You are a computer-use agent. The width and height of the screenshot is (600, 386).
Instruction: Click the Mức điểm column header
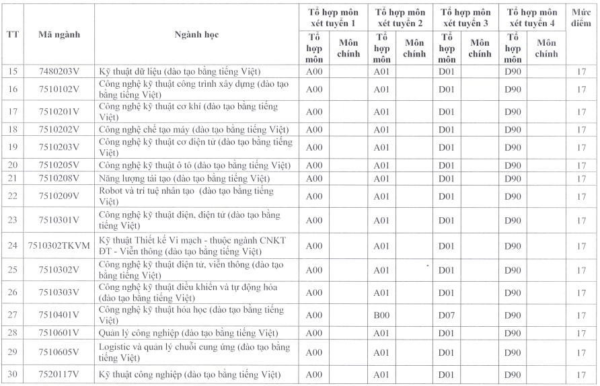coord(580,18)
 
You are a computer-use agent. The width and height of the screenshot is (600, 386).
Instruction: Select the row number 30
coord(12,375)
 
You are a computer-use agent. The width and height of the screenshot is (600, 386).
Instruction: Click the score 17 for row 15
coord(581,71)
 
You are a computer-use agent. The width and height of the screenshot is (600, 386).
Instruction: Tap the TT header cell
coord(12,34)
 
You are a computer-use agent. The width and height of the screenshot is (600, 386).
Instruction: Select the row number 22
coord(12,196)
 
